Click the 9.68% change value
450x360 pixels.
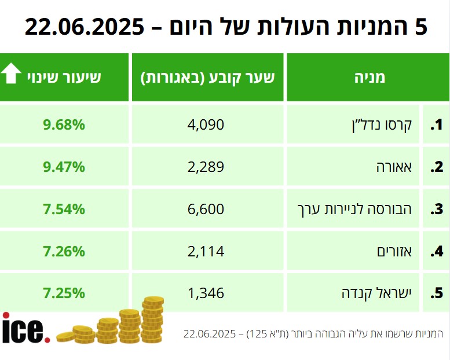[x=64, y=124]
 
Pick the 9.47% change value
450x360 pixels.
[x=64, y=167]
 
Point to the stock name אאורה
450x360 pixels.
[x=394, y=167]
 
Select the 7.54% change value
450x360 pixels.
[x=64, y=209]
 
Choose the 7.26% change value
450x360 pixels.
[x=64, y=251]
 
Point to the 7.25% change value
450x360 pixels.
[x=64, y=293]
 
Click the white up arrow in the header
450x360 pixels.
[x=10, y=76]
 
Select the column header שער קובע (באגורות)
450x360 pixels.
[x=207, y=77]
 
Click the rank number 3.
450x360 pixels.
[x=436, y=209]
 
